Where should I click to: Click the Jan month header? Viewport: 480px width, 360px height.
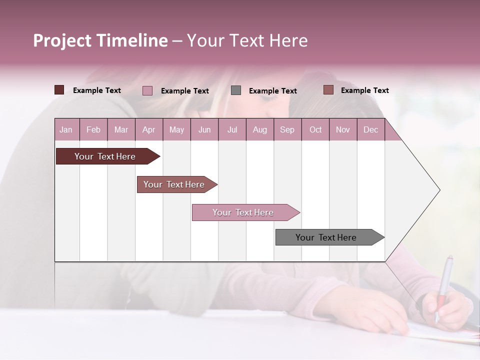(x=66, y=129)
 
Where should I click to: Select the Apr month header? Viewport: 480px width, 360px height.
(x=148, y=129)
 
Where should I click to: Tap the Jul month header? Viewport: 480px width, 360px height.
(x=232, y=129)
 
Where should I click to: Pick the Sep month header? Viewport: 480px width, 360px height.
(x=287, y=129)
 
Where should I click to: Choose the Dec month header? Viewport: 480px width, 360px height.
(x=370, y=129)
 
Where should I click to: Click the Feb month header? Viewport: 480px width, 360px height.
(x=93, y=129)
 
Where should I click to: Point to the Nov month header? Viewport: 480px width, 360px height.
(x=343, y=129)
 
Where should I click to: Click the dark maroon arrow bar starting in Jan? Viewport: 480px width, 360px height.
(x=105, y=156)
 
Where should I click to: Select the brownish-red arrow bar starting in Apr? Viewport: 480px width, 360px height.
(x=174, y=184)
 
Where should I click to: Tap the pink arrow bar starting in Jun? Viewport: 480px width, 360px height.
(x=243, y=212)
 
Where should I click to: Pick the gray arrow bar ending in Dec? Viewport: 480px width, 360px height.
(x=326, y=237)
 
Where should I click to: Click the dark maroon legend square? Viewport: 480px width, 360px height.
(x=59, y=90)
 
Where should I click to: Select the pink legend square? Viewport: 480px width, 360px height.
(x=147, y=90)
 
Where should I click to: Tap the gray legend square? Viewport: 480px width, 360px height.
(x=236, y=90)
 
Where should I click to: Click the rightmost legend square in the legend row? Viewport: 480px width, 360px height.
(x=328, y=90)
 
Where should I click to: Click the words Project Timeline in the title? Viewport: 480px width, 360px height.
(x=100, y=40)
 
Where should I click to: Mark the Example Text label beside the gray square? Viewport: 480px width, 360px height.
(x=272, y=91)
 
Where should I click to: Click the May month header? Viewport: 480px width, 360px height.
(x=176, y=129)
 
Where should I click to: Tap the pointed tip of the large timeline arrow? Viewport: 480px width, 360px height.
(x=438, y=190)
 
